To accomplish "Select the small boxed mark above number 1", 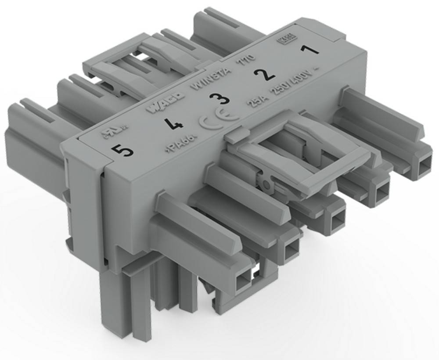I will coord(286,43).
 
